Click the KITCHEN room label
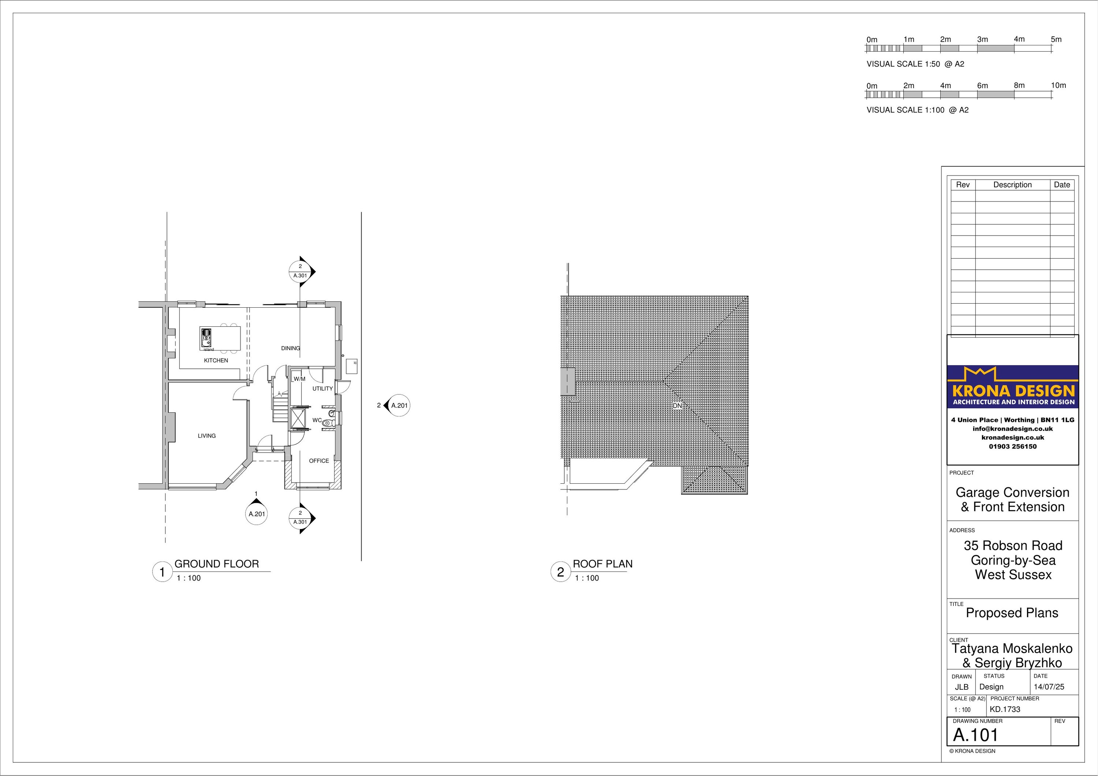point(216,360)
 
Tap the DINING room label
point(291,348)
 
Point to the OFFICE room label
point(319,461)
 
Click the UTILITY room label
point(323,389)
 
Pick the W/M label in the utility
point(299,379)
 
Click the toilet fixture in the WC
point(328,423)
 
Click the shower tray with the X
point(298,417)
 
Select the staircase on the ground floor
point(281,402)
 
